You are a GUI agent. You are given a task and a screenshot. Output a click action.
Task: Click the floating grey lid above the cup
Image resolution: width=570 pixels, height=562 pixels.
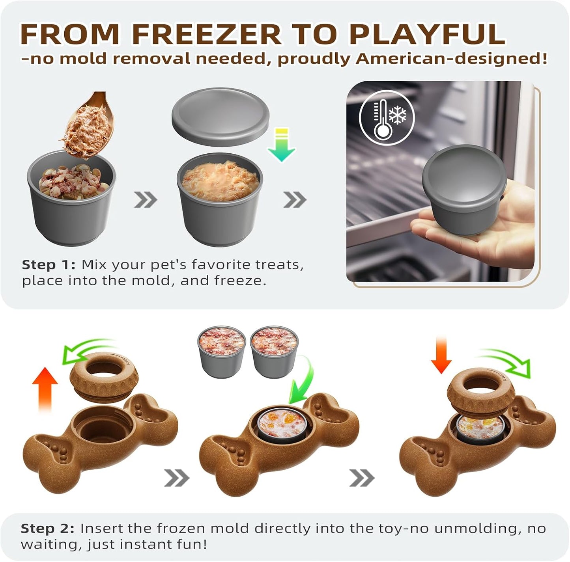(221, 117)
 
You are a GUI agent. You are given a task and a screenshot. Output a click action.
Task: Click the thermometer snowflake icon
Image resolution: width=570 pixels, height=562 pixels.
(387, 118)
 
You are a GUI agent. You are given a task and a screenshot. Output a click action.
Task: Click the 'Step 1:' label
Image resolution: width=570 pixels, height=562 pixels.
(48, 265)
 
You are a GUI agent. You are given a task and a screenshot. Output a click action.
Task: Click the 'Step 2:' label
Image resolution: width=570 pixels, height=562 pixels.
(47, 529)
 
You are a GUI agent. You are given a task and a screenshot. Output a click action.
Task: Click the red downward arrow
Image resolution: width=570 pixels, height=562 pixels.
(441, 355)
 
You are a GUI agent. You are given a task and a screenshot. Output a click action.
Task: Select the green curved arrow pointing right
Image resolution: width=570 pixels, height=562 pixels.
(507, 361)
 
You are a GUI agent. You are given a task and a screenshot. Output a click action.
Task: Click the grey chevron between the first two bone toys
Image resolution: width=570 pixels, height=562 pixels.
(177, 478)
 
